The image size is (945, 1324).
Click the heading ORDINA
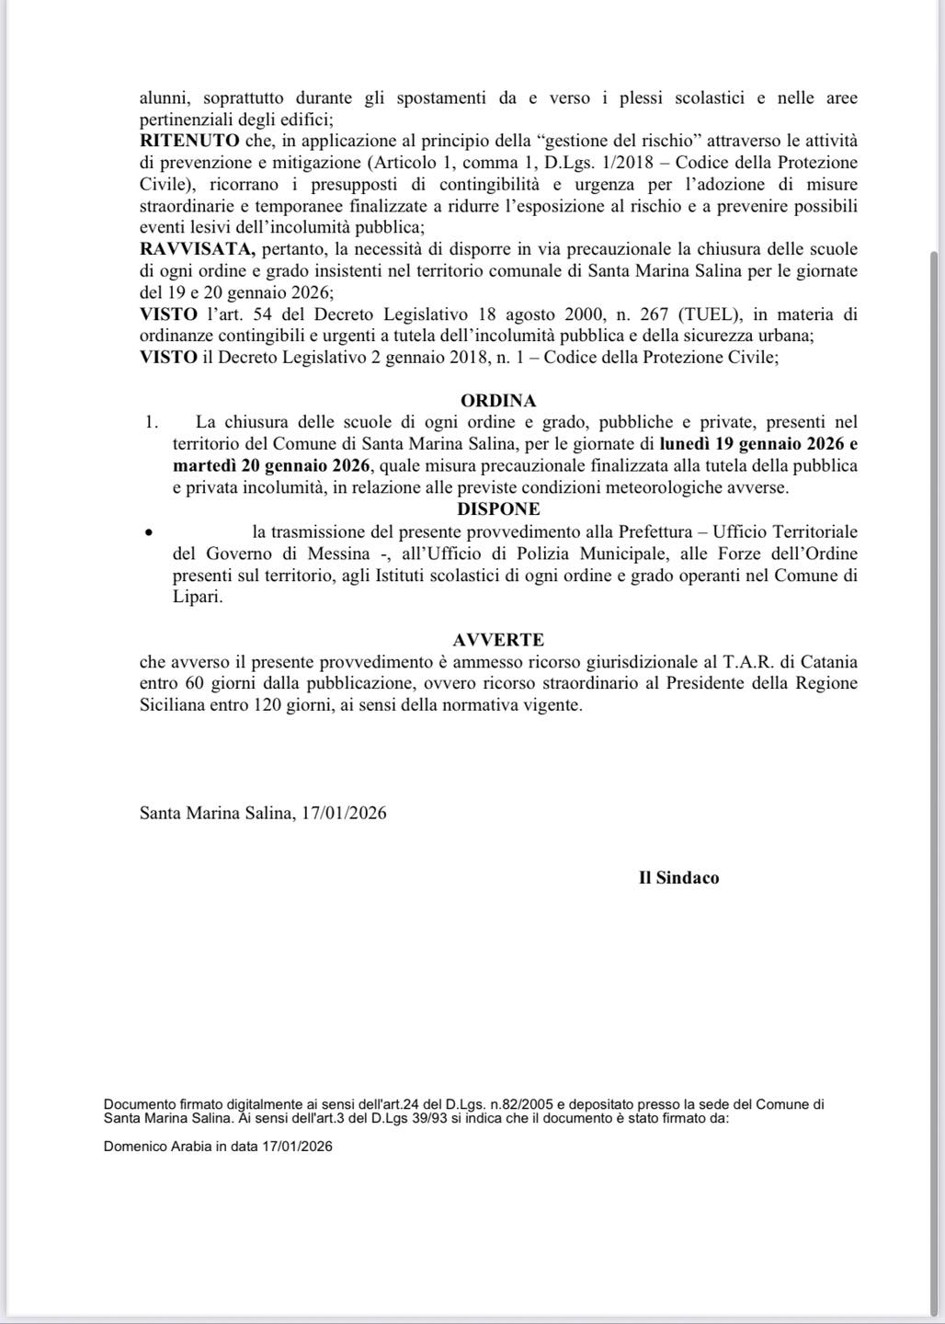(x=497, y=401)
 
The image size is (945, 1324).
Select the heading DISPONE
(x=497, y=508)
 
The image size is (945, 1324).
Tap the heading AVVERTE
(x=497, y=639)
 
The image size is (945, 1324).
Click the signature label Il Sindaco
(x=678, y=877)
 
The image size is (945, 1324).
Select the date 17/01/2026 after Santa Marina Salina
(x=344, y=813)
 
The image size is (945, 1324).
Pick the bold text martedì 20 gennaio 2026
(x=271, y=465)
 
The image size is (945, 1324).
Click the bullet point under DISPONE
(x=149, y=532)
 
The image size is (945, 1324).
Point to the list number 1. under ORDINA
(x=152, y=422)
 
